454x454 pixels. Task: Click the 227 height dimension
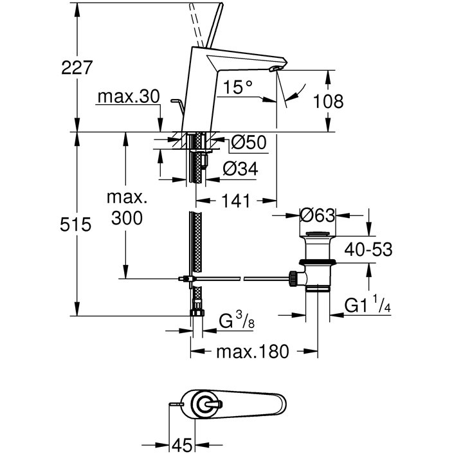tap(77, 68)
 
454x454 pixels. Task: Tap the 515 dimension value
tap(76, 224)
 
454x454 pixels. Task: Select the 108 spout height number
tap(329, 101)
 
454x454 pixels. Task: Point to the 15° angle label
tap(238, 87)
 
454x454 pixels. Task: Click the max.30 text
tap(129, 96)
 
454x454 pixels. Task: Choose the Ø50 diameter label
tap(249, 143)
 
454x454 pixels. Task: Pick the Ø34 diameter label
tap(241, 168)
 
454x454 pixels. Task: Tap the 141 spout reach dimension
tap(235, 201)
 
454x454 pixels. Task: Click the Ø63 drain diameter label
tap(317, 215)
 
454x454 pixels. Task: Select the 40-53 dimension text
tap(368, 250)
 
